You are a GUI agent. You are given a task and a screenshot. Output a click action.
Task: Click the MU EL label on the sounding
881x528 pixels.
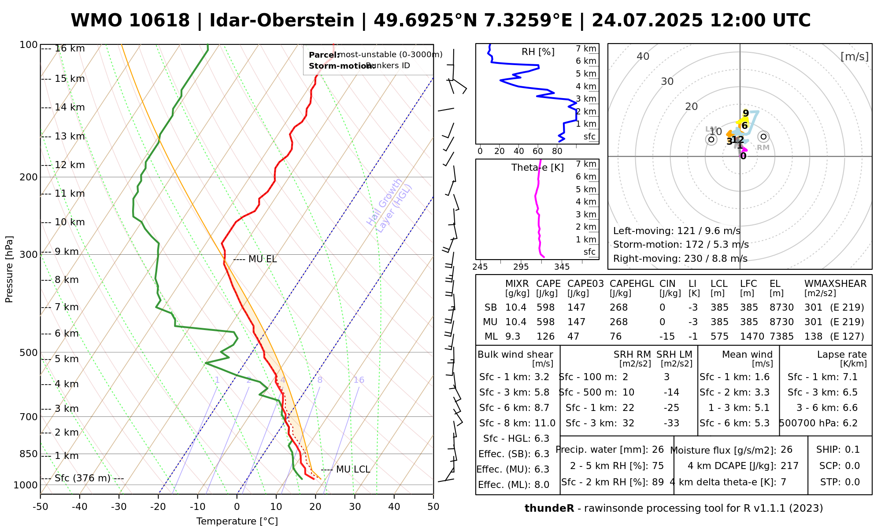click(263, 259)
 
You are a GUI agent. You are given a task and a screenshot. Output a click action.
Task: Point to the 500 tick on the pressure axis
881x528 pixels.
click(29, 352)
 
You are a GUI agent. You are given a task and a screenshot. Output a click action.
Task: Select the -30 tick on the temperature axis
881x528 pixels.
click(119, 507)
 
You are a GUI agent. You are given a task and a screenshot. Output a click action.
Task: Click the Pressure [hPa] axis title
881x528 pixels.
click(9, 269)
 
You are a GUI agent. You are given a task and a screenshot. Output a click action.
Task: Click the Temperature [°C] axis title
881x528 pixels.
click(237, 521)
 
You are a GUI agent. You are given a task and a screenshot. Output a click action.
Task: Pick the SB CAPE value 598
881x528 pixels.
click(545, 308)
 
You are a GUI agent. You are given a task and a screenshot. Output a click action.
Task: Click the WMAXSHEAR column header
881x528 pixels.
click(835, 284)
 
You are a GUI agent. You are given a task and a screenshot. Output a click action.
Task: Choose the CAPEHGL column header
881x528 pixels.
click(632, 284)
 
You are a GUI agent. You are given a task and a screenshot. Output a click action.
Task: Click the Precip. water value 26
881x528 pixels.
click(658, 450)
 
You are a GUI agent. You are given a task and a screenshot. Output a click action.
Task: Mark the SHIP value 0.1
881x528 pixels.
click(852, 450)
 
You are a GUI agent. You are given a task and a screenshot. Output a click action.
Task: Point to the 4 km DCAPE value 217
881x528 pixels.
click(789, 466)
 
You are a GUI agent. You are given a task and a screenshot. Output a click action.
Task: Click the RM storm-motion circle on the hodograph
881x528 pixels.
click(763, 137)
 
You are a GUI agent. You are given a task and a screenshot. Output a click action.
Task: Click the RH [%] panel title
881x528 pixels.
click(538, 52)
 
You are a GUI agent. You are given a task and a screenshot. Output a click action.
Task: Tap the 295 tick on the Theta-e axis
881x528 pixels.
click(521, 267)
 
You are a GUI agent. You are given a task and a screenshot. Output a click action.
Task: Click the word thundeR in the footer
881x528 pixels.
click(549, 509)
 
